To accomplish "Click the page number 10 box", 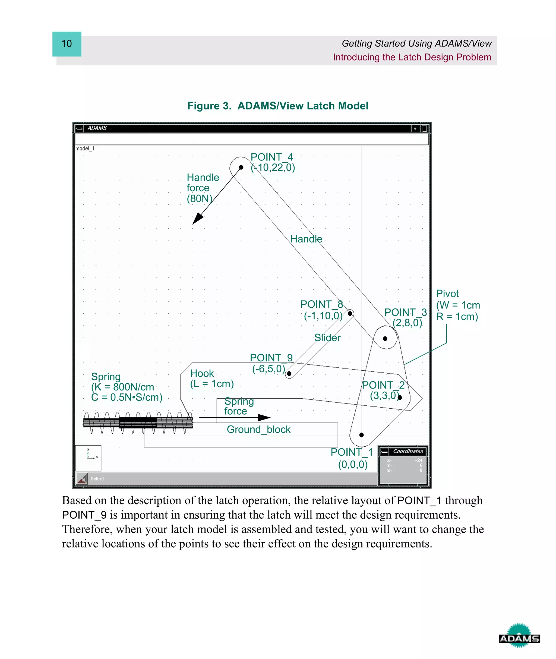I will coord(67,44).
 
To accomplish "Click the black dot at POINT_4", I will coord(241,167).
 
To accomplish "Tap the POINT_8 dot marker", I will coord(350,313).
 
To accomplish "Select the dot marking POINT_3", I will coord(385,339).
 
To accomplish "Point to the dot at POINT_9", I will coord(289,374).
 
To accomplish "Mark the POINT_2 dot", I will coord(400,398).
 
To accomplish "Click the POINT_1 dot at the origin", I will coord(362,435).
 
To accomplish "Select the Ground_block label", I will coord(258,429).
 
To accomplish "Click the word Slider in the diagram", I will coord(327,338).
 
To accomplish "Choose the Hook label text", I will coord(202,373).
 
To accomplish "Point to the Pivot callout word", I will coord(447,294).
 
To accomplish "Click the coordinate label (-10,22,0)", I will coord(273,168).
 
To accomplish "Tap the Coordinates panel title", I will coord(408,451).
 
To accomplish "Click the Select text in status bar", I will coord(97,479).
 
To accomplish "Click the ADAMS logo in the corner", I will coord(519,639).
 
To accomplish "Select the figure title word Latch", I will coord(321,106).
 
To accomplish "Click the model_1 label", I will coord(85,149).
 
